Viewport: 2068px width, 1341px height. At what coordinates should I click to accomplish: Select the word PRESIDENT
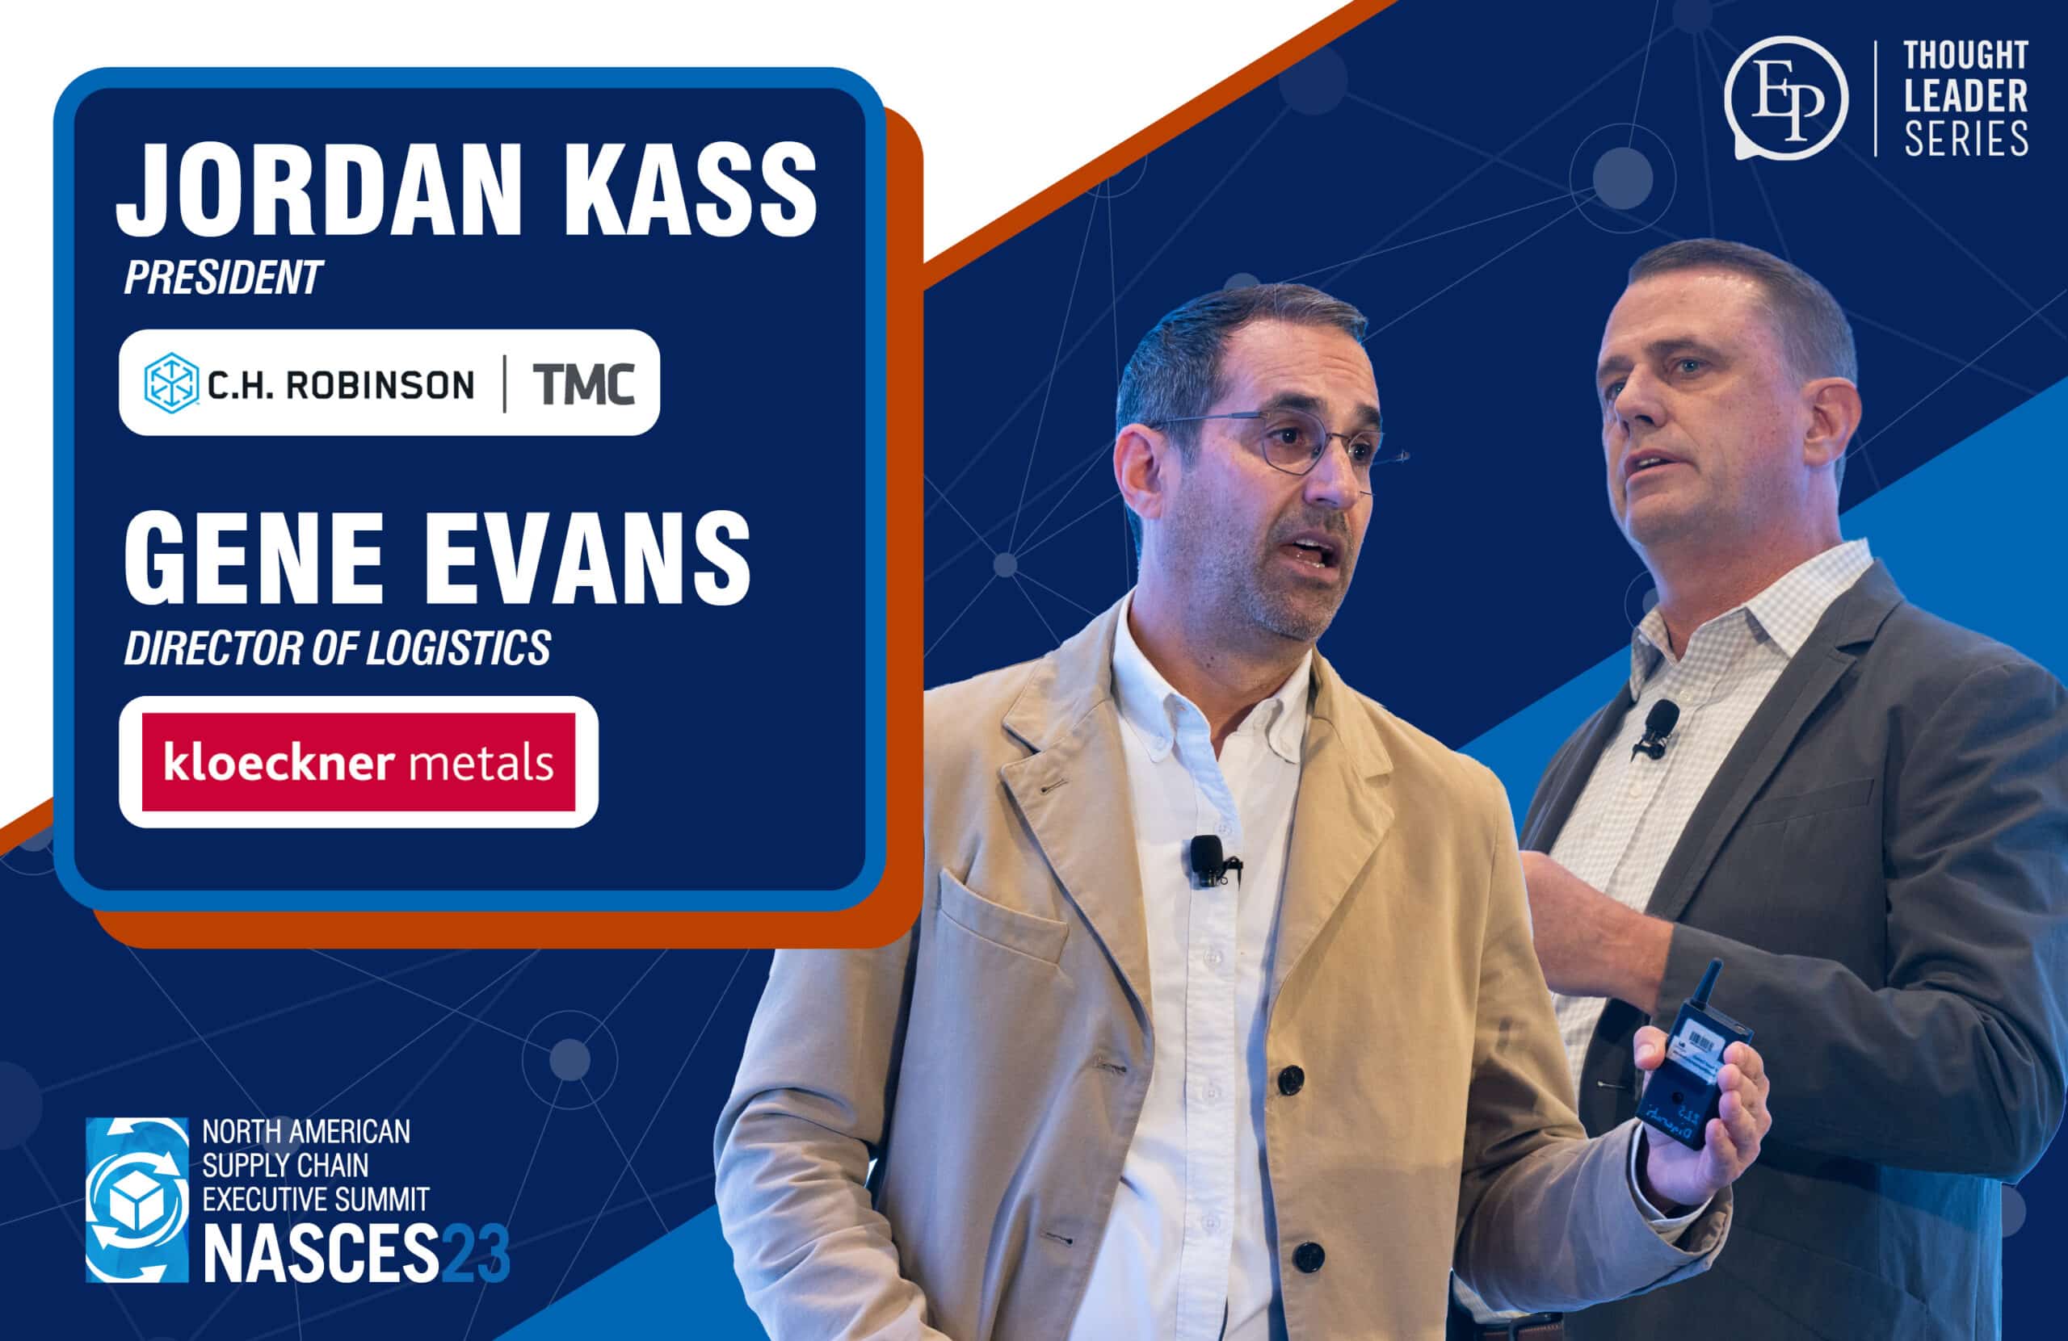point(223,278)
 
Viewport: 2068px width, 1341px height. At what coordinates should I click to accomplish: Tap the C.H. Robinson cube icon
point(171,382)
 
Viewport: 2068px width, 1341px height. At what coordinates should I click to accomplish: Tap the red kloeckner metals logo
point(358,761)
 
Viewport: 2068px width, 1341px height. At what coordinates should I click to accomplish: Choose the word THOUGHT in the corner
point(1965,55)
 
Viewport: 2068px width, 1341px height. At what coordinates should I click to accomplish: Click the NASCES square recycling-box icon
point(137,1200)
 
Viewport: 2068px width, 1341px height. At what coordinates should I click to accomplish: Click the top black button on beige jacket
point(1290,1080)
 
